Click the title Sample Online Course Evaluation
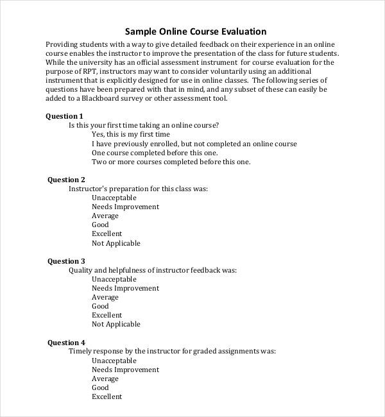195,31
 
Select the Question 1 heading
64,116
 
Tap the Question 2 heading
66,180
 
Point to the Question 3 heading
66,261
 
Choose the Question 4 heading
66,343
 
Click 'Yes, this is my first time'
131,135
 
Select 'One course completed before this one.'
155,153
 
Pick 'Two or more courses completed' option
171,162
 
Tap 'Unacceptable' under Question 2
114,198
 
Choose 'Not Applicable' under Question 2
116,243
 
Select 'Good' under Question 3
100,307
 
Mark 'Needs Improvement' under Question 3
125,289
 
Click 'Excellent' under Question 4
107,396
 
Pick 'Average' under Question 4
105,379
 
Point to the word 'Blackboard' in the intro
93,99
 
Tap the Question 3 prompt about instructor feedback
153,270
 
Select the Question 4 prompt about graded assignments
172,352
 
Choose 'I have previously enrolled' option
194,144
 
